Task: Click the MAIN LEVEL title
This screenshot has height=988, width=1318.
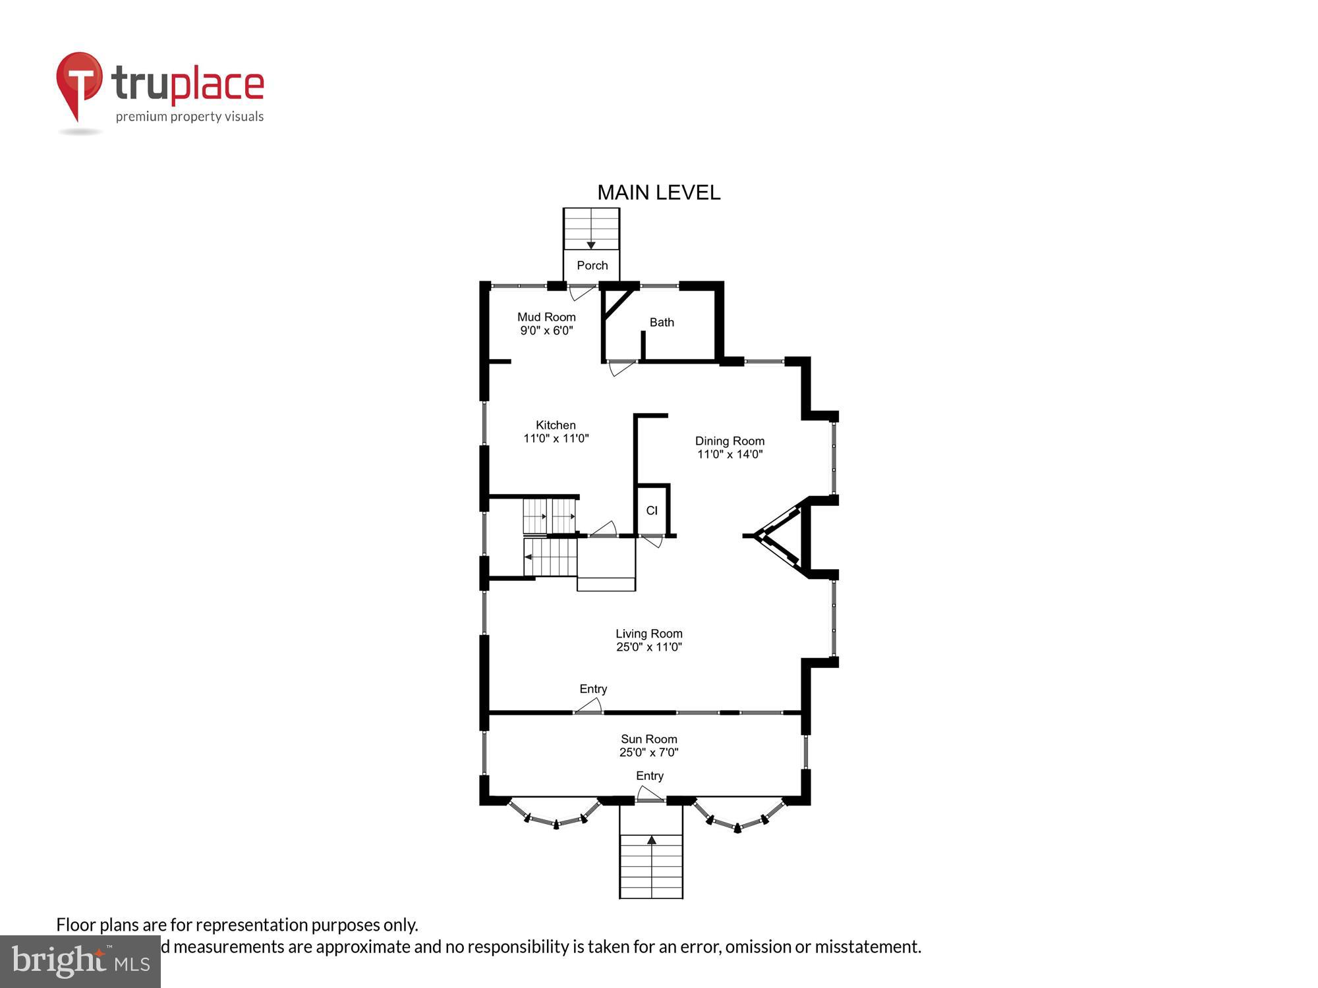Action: [x=658, y=192]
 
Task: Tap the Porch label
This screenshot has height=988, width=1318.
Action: [x=592, y=265]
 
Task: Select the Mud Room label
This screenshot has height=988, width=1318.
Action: [x=546, y=317]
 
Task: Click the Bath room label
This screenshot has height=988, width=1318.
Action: [x=662, y=322]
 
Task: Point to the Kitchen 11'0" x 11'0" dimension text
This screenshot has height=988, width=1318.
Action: [x=556, y=439]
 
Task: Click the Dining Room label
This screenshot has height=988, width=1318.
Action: [x=730, y=441]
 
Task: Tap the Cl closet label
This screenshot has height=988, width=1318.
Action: [x=652, y=510]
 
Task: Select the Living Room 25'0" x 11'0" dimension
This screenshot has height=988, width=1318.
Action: [x=648, y=647]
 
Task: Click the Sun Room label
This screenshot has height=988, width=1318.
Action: [x=648, y=739]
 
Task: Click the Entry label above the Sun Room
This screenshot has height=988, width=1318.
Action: [x=593, y=689]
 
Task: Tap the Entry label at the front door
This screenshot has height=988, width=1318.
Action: [x=649, y=776]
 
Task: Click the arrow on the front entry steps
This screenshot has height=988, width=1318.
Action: [x=651, y=840]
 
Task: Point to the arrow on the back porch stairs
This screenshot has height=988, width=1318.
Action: [x=591, y=245]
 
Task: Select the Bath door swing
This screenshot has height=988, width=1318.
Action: [x=621, y=368]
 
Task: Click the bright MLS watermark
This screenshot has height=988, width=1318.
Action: [x=80, y=962]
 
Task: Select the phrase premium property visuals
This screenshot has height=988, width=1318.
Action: [x=190, y=117]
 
